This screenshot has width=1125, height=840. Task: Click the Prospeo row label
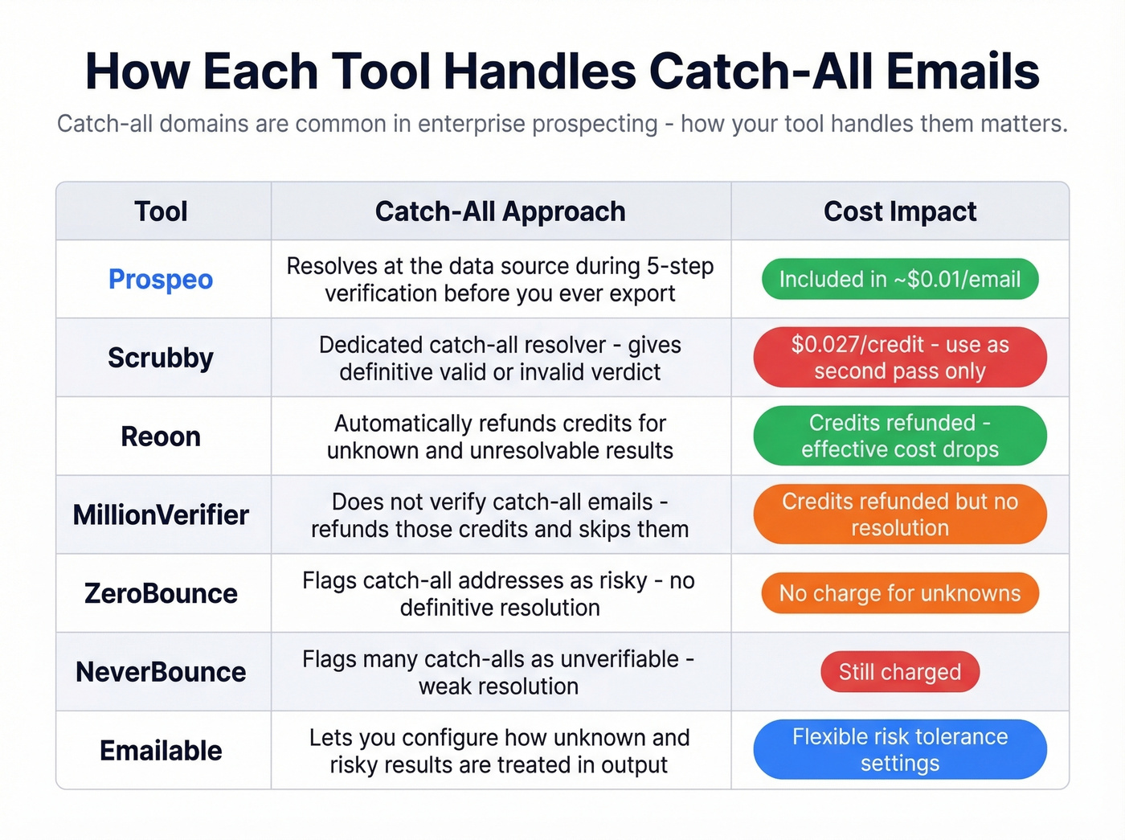point(161,279)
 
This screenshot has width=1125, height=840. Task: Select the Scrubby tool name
point(161,358)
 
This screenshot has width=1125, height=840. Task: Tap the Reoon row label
point(161,436)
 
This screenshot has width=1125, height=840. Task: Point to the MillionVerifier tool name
point(161,514)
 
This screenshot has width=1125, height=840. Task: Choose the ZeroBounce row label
point(161,593)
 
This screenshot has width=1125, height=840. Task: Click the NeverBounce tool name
point(161,672)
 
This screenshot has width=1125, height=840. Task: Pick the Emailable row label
point(161,751)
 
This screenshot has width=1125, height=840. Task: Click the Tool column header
point(161,211)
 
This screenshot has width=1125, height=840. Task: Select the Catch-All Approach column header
point(500,211)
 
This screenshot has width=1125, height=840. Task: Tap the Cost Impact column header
point(900,211)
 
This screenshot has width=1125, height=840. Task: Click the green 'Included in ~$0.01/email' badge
point(900,279)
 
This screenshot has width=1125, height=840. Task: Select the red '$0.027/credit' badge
point(900,358)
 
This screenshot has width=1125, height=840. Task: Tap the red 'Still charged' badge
point(900,672)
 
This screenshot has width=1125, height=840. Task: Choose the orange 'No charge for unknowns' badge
point(900,593)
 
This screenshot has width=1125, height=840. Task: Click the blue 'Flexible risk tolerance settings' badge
point(900,750)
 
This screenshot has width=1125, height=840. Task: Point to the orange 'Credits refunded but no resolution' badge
point(900,514)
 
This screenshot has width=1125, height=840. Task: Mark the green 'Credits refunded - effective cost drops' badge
point(900,436)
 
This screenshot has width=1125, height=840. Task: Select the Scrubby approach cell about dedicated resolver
point(500,358)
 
